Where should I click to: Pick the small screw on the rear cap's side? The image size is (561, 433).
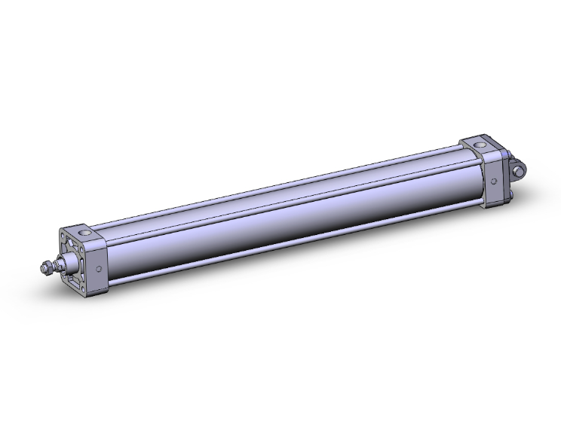click(x=492, y=181)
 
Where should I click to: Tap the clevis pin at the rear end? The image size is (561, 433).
click(x=518, y=172)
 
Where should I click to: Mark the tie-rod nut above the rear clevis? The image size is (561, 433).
click(x=508, y=152)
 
